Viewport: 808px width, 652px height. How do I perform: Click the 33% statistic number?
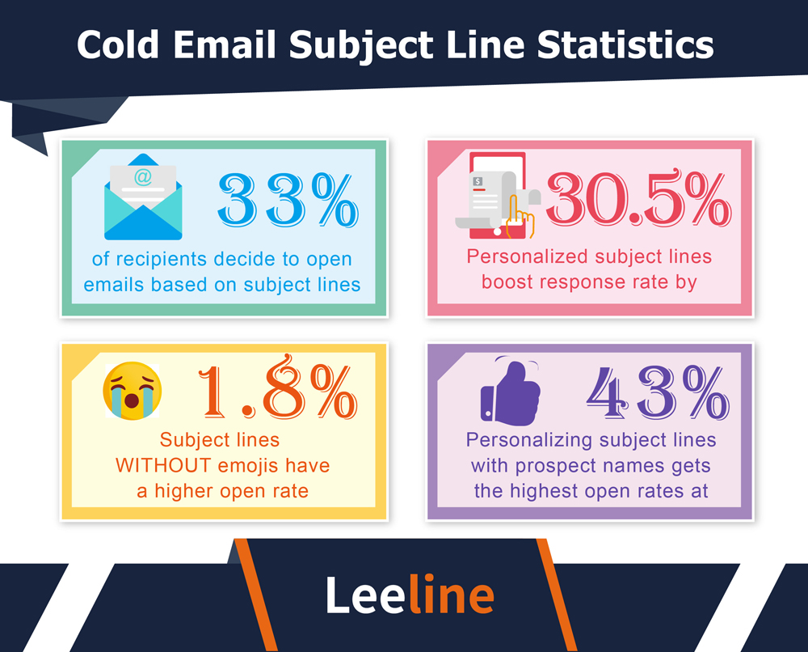click(287, 200)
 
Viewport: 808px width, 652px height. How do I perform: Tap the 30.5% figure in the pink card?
click(638, 200)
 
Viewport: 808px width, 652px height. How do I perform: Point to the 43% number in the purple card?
click(656, 393)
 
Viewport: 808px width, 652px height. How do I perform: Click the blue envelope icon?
click(143, 198)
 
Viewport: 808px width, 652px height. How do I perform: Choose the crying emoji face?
click(132, 389)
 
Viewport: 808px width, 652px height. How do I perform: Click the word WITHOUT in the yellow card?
click(166, 466)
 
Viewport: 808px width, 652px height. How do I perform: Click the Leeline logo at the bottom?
click(410, 595)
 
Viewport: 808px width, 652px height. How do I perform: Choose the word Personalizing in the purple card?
click(530, 441)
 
